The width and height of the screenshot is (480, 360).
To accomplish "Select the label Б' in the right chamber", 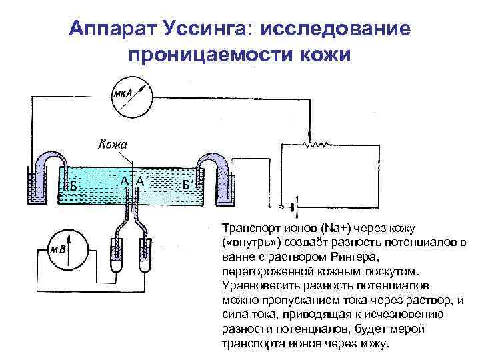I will [x=189, y=184].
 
